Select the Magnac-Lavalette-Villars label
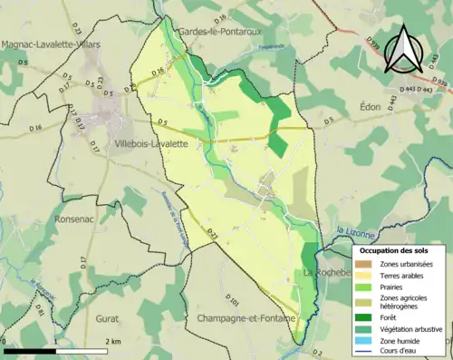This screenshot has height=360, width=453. [51, 44]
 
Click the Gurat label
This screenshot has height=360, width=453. [108, 320]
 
